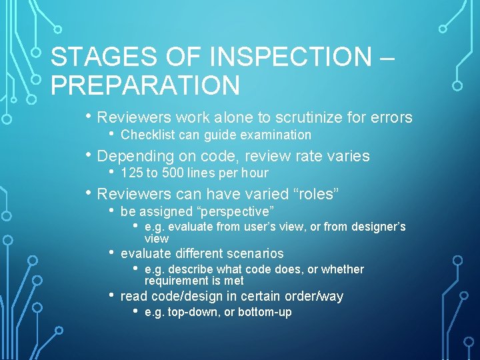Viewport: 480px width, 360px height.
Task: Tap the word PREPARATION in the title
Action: tap(145, 85)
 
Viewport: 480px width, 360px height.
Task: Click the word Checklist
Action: tap(146, 135)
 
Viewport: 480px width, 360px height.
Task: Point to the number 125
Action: tap(130, 173)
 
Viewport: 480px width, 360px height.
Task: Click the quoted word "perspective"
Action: tap(236, 212)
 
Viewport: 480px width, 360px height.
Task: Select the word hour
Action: tap(254, 173)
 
